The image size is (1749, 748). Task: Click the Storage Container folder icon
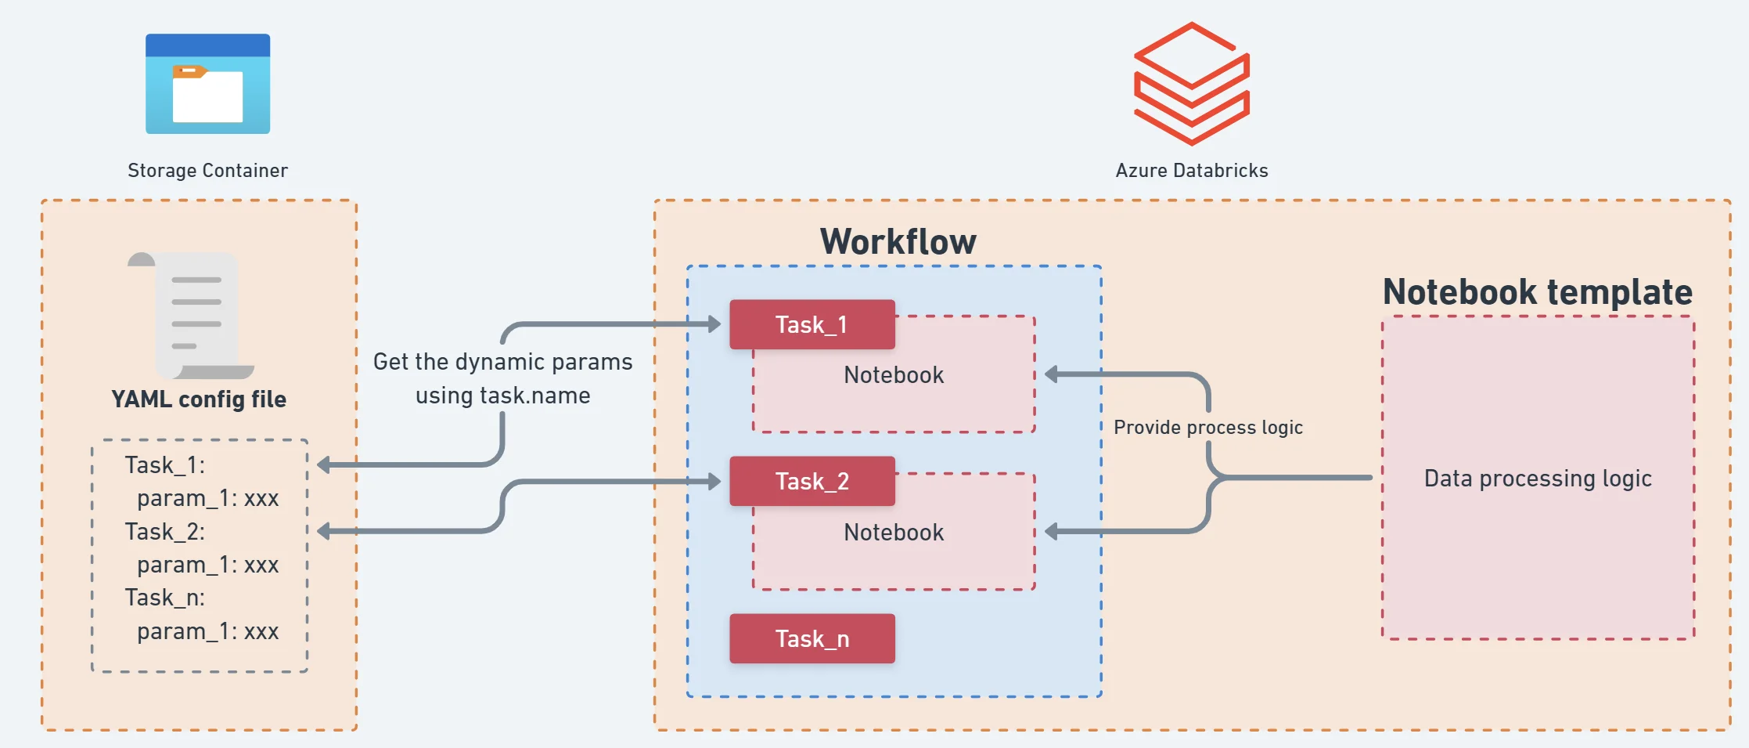click(x=207, y=84)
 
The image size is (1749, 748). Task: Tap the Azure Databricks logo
click(x=1191, y=84)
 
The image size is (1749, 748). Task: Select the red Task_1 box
click(x=812, y=324)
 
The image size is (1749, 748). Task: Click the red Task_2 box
click(x=812, y=481)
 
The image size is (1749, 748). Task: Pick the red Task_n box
click(x=812, y=638)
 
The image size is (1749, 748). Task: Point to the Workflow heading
click(x=898, y=241)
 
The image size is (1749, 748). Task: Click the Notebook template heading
click(x=1537, y=292)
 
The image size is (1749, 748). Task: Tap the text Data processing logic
click(x=1537, y=478)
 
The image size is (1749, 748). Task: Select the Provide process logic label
click(x=1207, y=428)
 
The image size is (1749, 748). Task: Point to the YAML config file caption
click(x=199, y=399)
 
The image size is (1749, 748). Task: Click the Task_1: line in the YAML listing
click(x=164, y=465)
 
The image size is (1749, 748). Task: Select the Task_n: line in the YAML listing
click(x=164, y=598)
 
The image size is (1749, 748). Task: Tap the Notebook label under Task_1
click(x=894, y=375)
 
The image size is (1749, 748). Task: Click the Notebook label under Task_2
click(x=894, y=533)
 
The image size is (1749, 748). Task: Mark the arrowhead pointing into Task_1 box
click(x=714, y=323)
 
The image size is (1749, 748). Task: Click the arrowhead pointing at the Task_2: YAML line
click(x=323, y=531)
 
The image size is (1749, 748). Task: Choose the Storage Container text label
click(x=207, y=171)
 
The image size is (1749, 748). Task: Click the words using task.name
click(x=502, y=396)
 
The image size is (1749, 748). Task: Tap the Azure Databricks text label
click(x=1191, y=171)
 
